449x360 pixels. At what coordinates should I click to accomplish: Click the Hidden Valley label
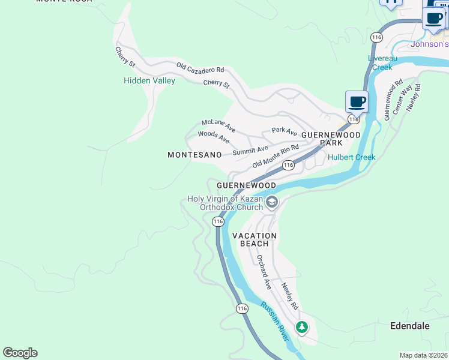[149, 80]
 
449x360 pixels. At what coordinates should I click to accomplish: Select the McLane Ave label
[218, 125]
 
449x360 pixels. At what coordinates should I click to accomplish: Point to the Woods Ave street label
[214, 137]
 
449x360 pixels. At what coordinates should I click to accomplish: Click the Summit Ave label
[250, 151]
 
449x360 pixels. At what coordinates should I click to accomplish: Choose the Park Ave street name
[284, 130]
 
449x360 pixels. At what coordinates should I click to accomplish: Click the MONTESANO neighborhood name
[195, 155]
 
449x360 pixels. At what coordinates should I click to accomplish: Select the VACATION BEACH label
[255, 239]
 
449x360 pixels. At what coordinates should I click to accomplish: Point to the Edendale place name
[410, 326]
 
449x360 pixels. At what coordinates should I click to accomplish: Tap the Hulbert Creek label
[351, 157]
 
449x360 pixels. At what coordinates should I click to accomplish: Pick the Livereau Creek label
[380, 62]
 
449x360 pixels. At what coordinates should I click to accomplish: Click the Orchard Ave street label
[264, 272]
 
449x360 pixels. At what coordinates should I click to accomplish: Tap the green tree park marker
[302, 327]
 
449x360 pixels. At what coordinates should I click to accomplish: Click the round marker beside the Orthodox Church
[272, 202]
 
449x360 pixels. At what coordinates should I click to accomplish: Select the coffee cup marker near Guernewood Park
[357, 101]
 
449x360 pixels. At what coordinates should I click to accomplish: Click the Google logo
[20, 353]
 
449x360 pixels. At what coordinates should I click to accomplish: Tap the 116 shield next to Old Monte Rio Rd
[288, 165]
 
